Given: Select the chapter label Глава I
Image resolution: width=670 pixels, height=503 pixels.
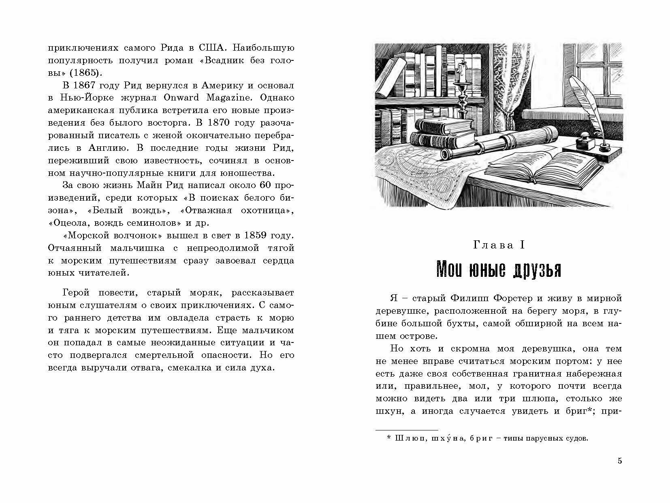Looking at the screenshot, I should point(499,245).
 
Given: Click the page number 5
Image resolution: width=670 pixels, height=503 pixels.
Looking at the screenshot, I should point(619,461).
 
